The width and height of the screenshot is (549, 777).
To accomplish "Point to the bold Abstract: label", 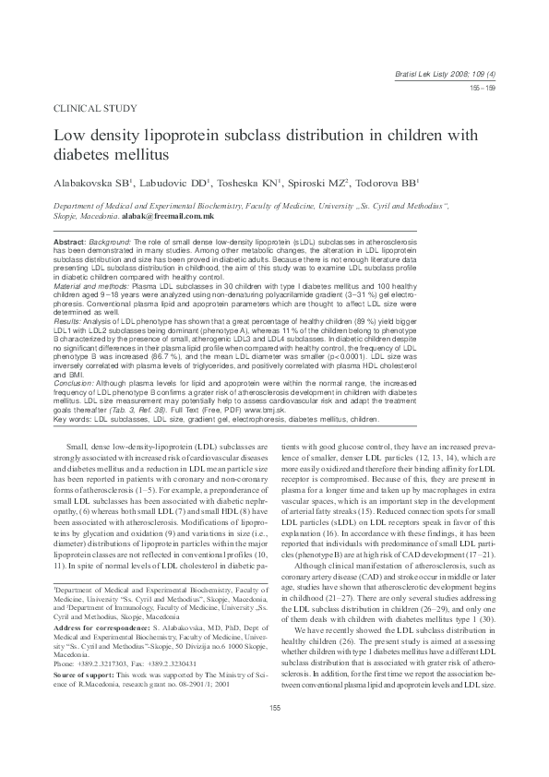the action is pos(74,240).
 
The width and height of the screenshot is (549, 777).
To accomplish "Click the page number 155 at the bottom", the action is pos(274,734).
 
